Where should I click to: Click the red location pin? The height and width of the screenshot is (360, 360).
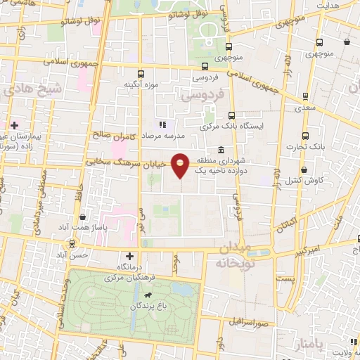[x=181, y=166]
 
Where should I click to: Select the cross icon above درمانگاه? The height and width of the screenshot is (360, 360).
[x=128, y=256]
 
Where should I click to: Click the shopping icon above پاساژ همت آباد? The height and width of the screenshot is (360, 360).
[x=83, y=217]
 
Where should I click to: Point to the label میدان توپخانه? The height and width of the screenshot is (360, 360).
[x=226, y=256]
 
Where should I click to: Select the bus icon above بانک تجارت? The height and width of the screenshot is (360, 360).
[x=304, y=136]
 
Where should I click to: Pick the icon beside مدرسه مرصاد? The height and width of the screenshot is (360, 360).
[x=162, y=124]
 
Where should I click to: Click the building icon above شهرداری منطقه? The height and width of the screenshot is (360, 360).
[x=221, y=149]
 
